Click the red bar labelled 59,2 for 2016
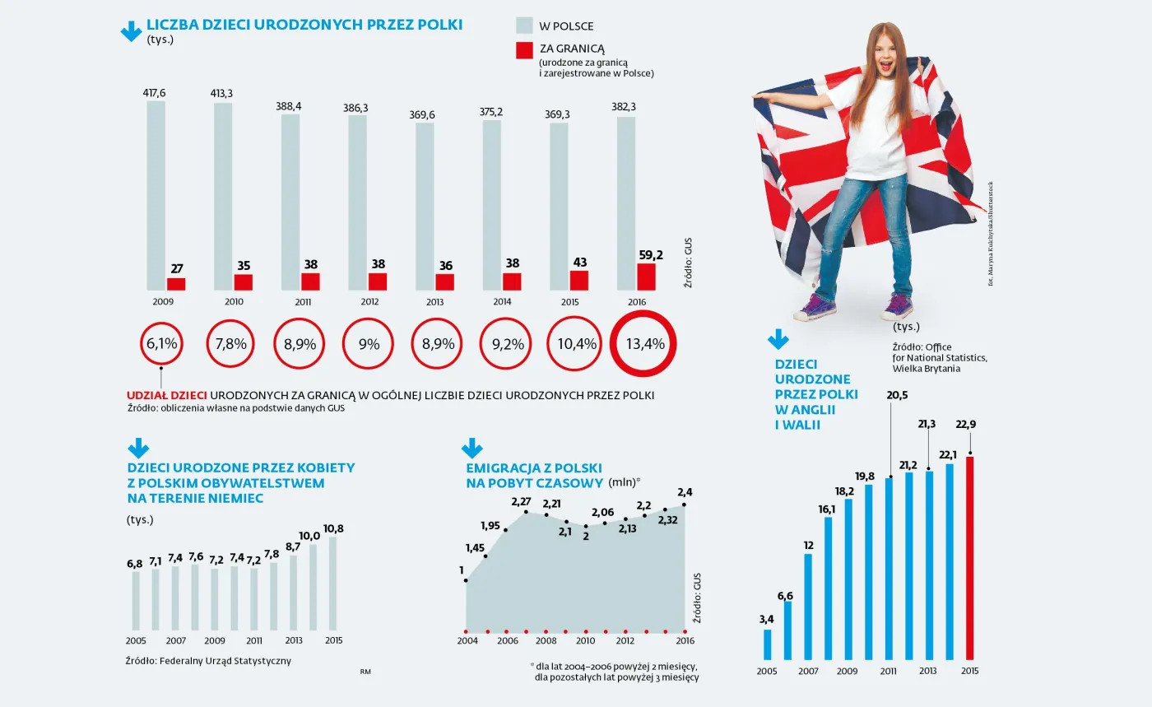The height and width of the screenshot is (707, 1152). point(647,277)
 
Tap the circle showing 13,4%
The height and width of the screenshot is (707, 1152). point(647,344)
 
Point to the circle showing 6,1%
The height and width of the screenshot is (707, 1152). point(162,344)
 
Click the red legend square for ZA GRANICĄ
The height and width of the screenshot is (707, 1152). point(524,51)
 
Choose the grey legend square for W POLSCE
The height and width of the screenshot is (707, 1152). point(524,26)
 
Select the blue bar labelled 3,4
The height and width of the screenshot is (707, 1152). point(768,644)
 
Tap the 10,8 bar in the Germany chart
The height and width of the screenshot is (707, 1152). point(333,584)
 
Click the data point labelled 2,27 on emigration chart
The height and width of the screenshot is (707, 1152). point(526,512)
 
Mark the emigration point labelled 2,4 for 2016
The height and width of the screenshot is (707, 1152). point(684,505)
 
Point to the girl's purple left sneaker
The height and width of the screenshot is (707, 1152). point(815,309)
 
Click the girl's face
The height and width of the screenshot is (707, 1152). point(890,53)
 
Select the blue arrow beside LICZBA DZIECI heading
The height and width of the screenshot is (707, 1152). point(132,30)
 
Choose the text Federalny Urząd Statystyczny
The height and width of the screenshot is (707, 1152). point(225,660)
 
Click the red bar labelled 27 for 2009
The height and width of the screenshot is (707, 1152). point(176,284)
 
